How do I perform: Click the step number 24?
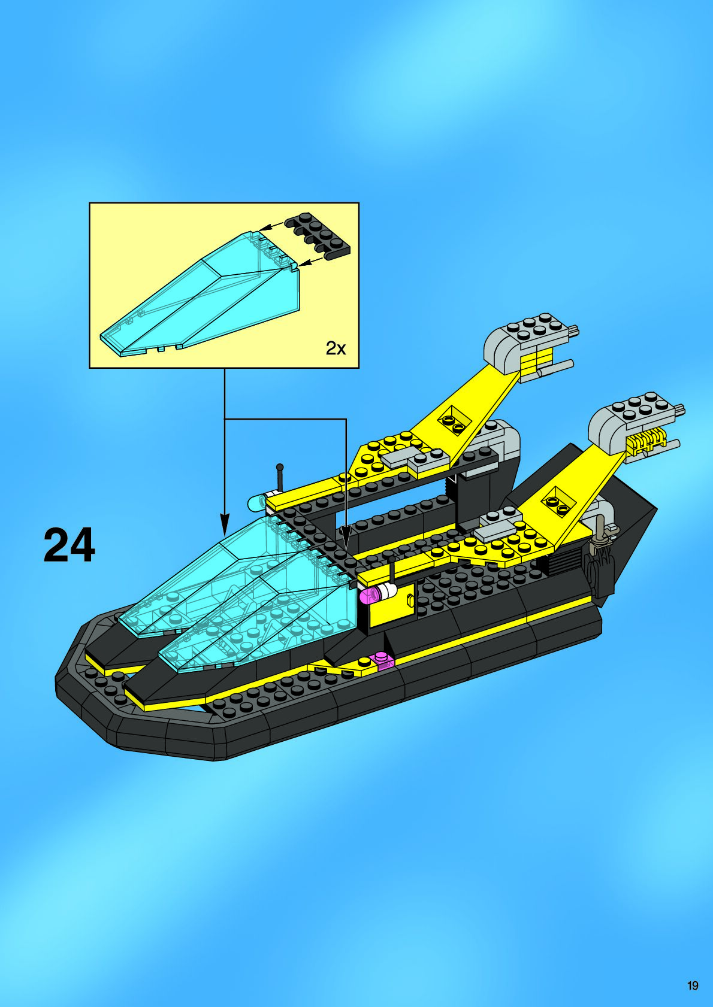pyautogui.click(x=69, y=545)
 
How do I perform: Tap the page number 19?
pyautogui.click(x=693, y=985)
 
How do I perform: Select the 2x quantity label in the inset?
pyautogui.click(x=336, y=348)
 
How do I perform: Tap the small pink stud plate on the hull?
pyautogui.click(x=382, y=660)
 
